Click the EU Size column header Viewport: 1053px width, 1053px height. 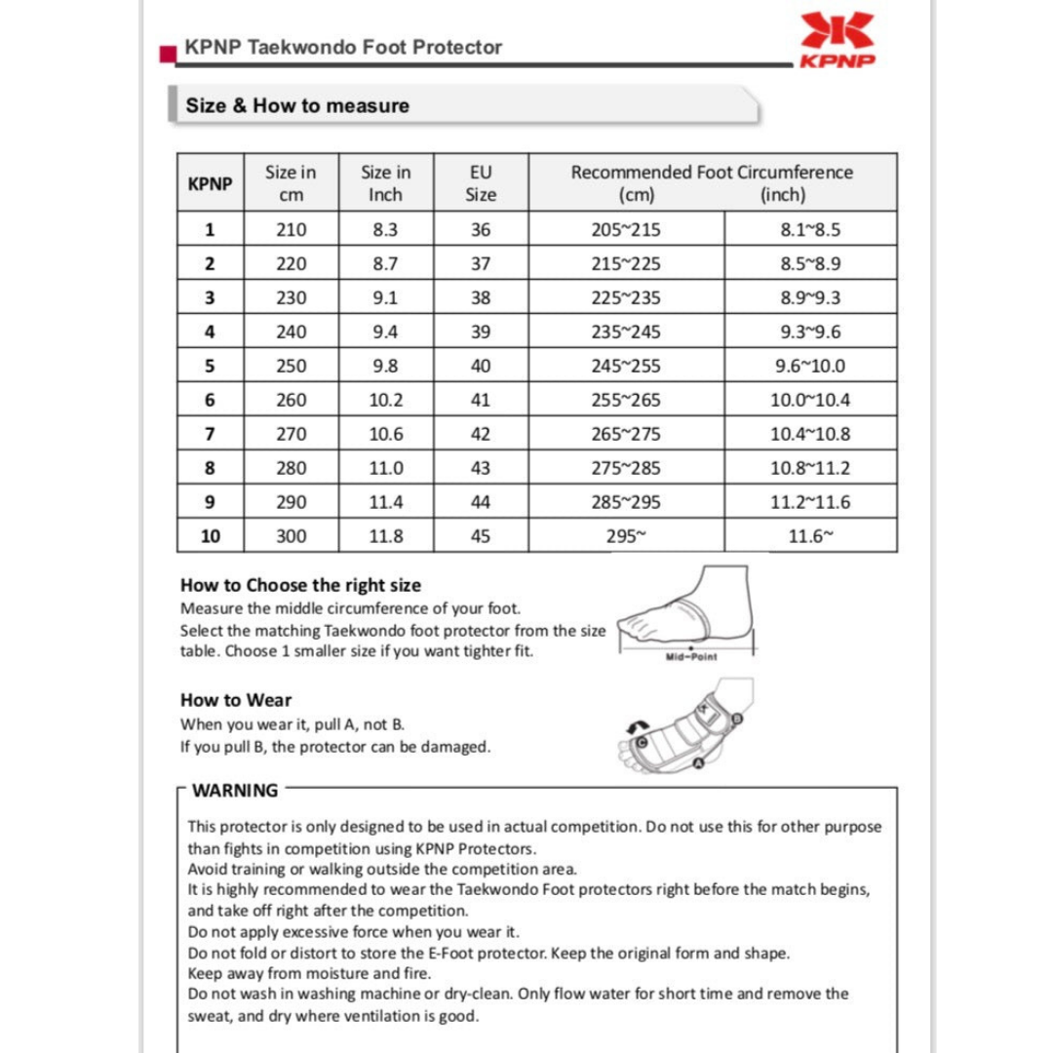tap(481, 183)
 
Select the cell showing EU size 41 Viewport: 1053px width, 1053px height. tap(481, 400)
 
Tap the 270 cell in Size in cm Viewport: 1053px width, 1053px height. tap(292, 434)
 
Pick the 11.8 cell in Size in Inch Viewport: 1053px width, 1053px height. tap(385, 536)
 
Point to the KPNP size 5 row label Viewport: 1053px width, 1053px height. tap(210, 366)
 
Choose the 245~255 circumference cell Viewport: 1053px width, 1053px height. tap(625, 366)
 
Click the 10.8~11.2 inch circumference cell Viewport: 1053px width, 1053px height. tap(809, 468)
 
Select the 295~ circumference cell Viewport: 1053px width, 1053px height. tap(625, 536)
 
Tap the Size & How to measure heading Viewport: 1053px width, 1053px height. tap(297, 105)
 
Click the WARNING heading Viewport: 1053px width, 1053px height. tap(235, 791)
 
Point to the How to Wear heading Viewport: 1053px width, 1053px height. tap(236, 700)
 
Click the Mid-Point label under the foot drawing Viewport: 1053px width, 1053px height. tap(690, 656)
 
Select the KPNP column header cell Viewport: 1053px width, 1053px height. tap(210, 183)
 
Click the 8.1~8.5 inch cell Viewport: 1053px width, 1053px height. tap(809, 230)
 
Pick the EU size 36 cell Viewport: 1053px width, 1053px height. tap(481, 230)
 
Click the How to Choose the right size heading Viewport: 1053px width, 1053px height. tap(300, 585)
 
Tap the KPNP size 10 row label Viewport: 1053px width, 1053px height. tap(210, 536)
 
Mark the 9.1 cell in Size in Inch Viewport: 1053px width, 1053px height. tap(385, 298)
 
